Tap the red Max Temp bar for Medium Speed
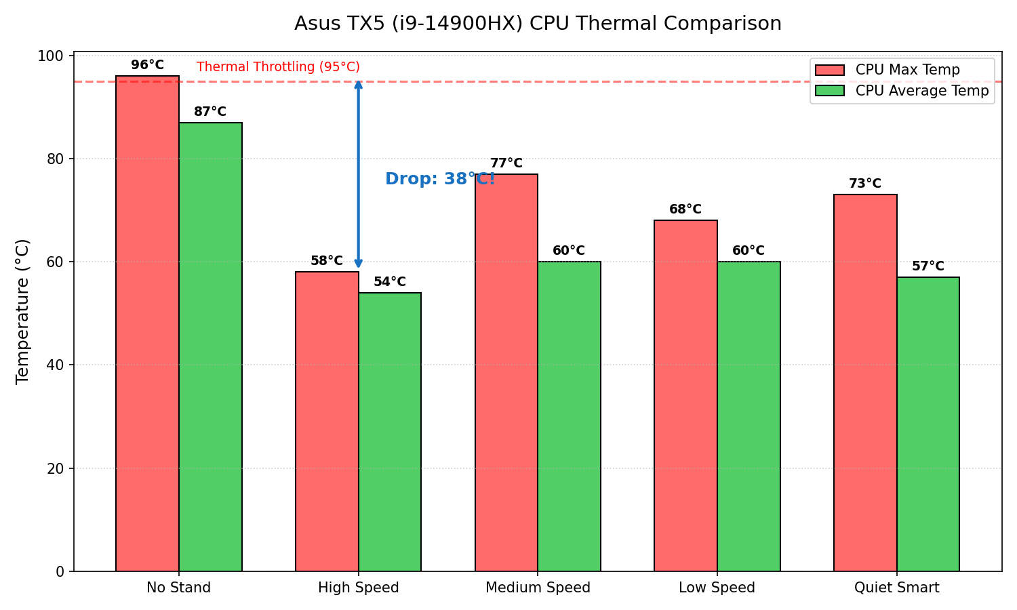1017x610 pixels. tap(506, 373)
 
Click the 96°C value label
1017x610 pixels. tap(147, 65)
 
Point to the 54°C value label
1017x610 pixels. tap(390, 282)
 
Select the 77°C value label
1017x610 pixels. tap(506, 163)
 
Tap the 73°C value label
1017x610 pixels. tap(865, 184)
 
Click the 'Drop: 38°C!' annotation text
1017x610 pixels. tap(440, 180)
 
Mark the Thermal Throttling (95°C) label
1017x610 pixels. tap(278, 67)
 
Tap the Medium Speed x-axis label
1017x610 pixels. tap(538, 588)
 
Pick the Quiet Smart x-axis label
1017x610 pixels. tap(896, 588)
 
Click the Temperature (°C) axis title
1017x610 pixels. tap(23, 311)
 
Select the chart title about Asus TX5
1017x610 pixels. tap(538, 24)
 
